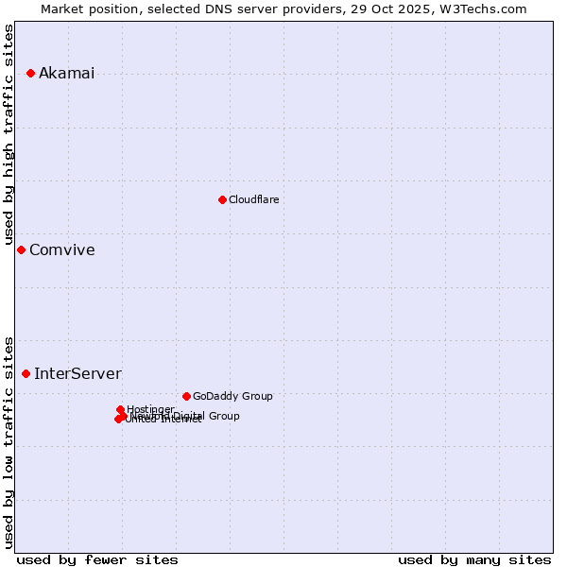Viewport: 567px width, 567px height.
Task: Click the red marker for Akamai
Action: coord(30,74)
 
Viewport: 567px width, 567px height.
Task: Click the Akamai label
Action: coord(66,74)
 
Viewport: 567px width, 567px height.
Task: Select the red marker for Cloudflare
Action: coord(222,199)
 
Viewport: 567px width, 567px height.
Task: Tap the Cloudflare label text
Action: coord(253,199)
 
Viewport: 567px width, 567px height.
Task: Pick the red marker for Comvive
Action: coord(21,250)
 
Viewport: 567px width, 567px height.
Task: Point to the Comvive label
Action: coord(61,250)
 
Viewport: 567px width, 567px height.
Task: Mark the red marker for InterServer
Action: coord(26,374)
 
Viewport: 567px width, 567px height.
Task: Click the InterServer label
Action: coord(77,374)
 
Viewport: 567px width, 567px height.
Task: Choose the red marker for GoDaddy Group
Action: coord(186,397)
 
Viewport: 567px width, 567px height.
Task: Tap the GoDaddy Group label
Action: coord(232,397)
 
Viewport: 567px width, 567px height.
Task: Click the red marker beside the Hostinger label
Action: coord(120,410)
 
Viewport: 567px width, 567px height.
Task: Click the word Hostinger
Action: coord(151,409)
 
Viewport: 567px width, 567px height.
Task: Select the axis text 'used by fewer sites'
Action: coord(97,559)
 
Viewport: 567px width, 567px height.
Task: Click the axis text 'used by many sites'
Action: coord(474,559)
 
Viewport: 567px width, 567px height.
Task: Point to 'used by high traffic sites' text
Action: coord(9,134)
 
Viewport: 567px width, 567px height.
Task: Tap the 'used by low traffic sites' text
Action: coord(9,441)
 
